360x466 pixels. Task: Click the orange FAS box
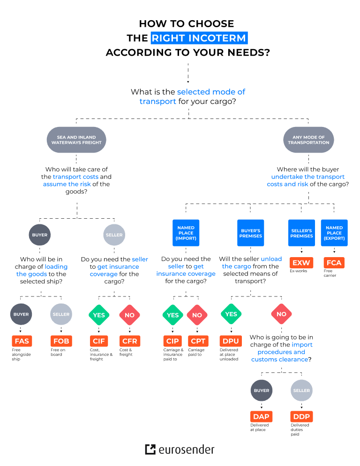click(x=21, y=341)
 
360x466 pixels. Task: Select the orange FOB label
click(x=61, y=341)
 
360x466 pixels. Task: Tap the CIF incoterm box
click(x=99, y=341)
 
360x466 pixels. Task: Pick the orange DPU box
click(x=230, y=341)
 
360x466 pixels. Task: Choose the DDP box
click(x=301, y=416)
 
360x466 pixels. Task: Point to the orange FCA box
click(x=333, y=263)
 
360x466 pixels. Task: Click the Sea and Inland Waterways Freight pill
click(x=77, y=140)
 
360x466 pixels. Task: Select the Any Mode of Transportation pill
click(x=308, y=140)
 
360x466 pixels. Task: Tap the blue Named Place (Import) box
click(x=186, y=232)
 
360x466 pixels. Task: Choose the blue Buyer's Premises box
click(x=251, y=233)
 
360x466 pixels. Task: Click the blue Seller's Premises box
click(x=301, y=233)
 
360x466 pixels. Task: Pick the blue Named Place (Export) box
click(x=334, y=232)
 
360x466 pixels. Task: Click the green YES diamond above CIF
click(x=99, y=315)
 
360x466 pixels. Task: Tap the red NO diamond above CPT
click(x=197, y=315)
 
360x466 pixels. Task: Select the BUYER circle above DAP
click(x=262, y=390)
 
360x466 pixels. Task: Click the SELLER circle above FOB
click(x=61, y=314)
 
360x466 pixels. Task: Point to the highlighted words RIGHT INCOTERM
click(x=199, y=38)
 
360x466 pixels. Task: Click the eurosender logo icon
click(x=150, y=450)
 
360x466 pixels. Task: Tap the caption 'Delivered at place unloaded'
click(x=229, y=354)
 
